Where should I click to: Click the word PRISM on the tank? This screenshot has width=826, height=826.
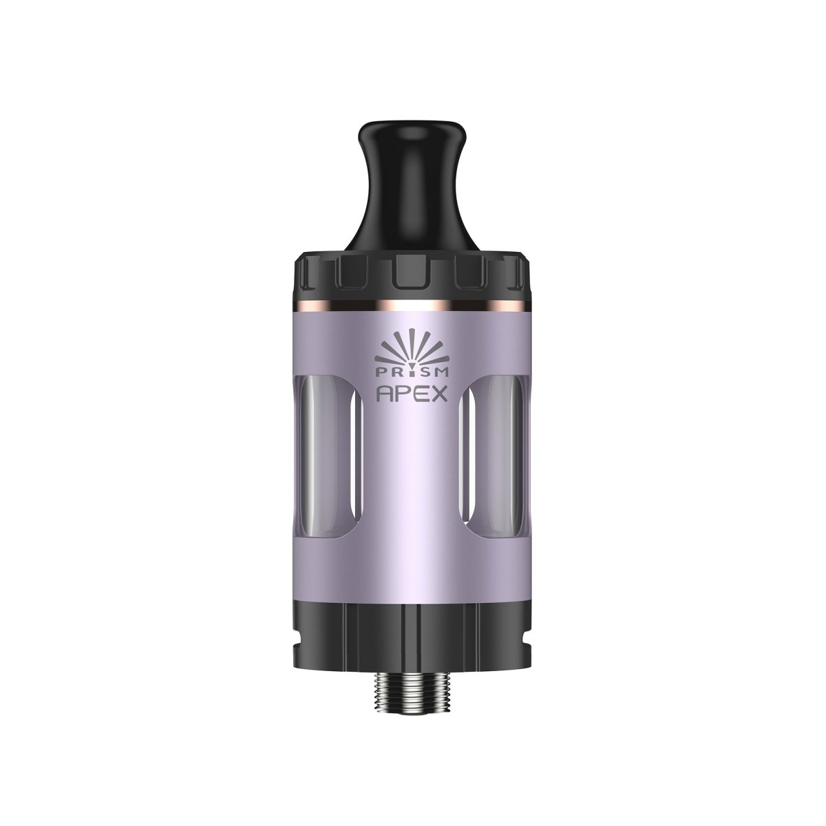pos(413,371)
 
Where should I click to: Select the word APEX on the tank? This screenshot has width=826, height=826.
pos(412,394)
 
